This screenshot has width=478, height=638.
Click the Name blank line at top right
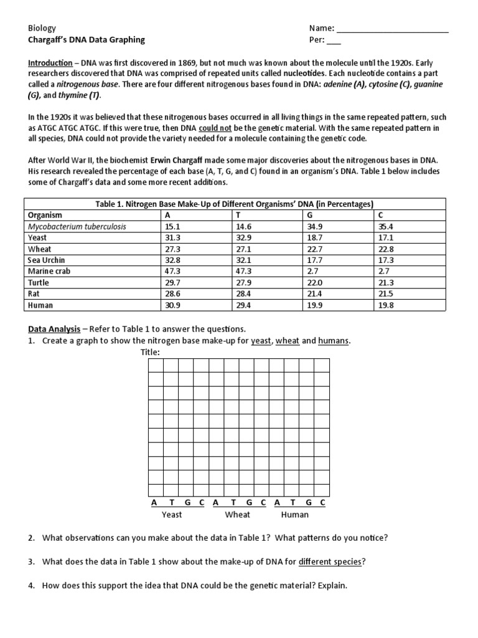click(392, 29)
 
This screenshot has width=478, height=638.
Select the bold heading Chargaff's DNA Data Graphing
click(87, 39)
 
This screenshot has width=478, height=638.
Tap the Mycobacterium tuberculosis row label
click(77, 226)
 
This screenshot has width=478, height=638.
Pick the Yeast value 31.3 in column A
click(172, 237)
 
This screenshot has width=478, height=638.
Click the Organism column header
click(45, 215)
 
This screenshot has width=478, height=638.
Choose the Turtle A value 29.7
click(172, 282)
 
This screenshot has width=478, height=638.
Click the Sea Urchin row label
click(47, 260)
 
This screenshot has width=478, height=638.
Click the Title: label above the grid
click(150, 352)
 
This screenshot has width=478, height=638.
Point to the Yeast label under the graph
click(172, 515)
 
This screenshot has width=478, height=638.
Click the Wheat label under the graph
click(237, 515)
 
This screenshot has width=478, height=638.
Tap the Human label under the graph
click(295, 515)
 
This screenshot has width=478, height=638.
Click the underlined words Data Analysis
click(54, 328)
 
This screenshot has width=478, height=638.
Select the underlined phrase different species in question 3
click(330, 561)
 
